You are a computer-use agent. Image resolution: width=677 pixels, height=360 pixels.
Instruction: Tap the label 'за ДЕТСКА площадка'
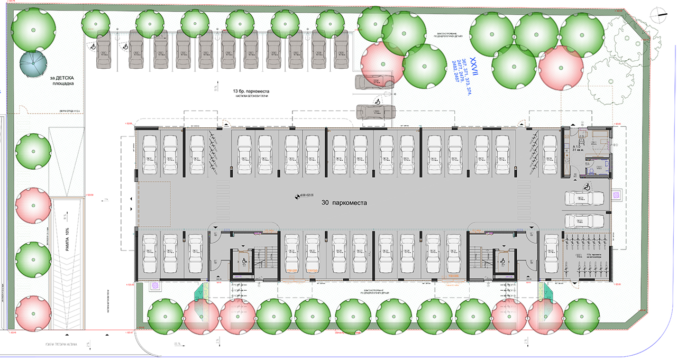62,80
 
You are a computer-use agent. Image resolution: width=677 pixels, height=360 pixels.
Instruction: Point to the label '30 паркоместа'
344,202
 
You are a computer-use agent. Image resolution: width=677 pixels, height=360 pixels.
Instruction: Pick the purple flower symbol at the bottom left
155,285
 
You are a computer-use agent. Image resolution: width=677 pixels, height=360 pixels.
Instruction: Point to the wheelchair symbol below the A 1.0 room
587,186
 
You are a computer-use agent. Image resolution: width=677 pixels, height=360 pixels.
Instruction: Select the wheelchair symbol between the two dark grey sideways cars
378,100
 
